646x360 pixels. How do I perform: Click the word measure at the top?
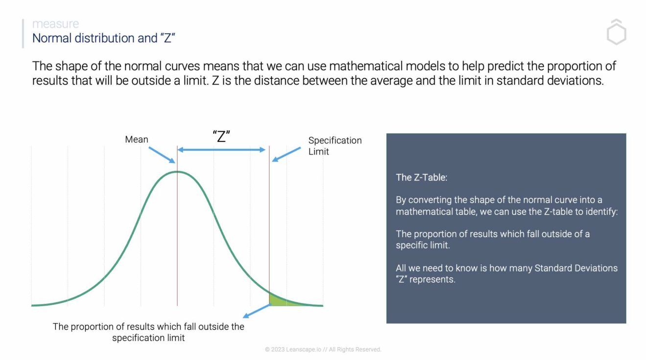55,23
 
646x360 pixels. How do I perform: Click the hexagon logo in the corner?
616,33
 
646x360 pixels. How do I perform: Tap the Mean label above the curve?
137,139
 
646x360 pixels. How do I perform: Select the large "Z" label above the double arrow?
222,136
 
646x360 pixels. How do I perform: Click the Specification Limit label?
335,146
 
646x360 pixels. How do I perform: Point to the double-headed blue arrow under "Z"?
221,150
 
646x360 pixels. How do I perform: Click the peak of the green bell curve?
177,172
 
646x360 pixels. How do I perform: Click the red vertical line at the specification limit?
269,220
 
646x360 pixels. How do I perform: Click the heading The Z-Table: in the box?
421,178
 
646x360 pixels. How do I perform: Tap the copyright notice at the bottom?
323,349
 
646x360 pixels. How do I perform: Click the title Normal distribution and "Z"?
104,38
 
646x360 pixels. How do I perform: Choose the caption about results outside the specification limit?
148,332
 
